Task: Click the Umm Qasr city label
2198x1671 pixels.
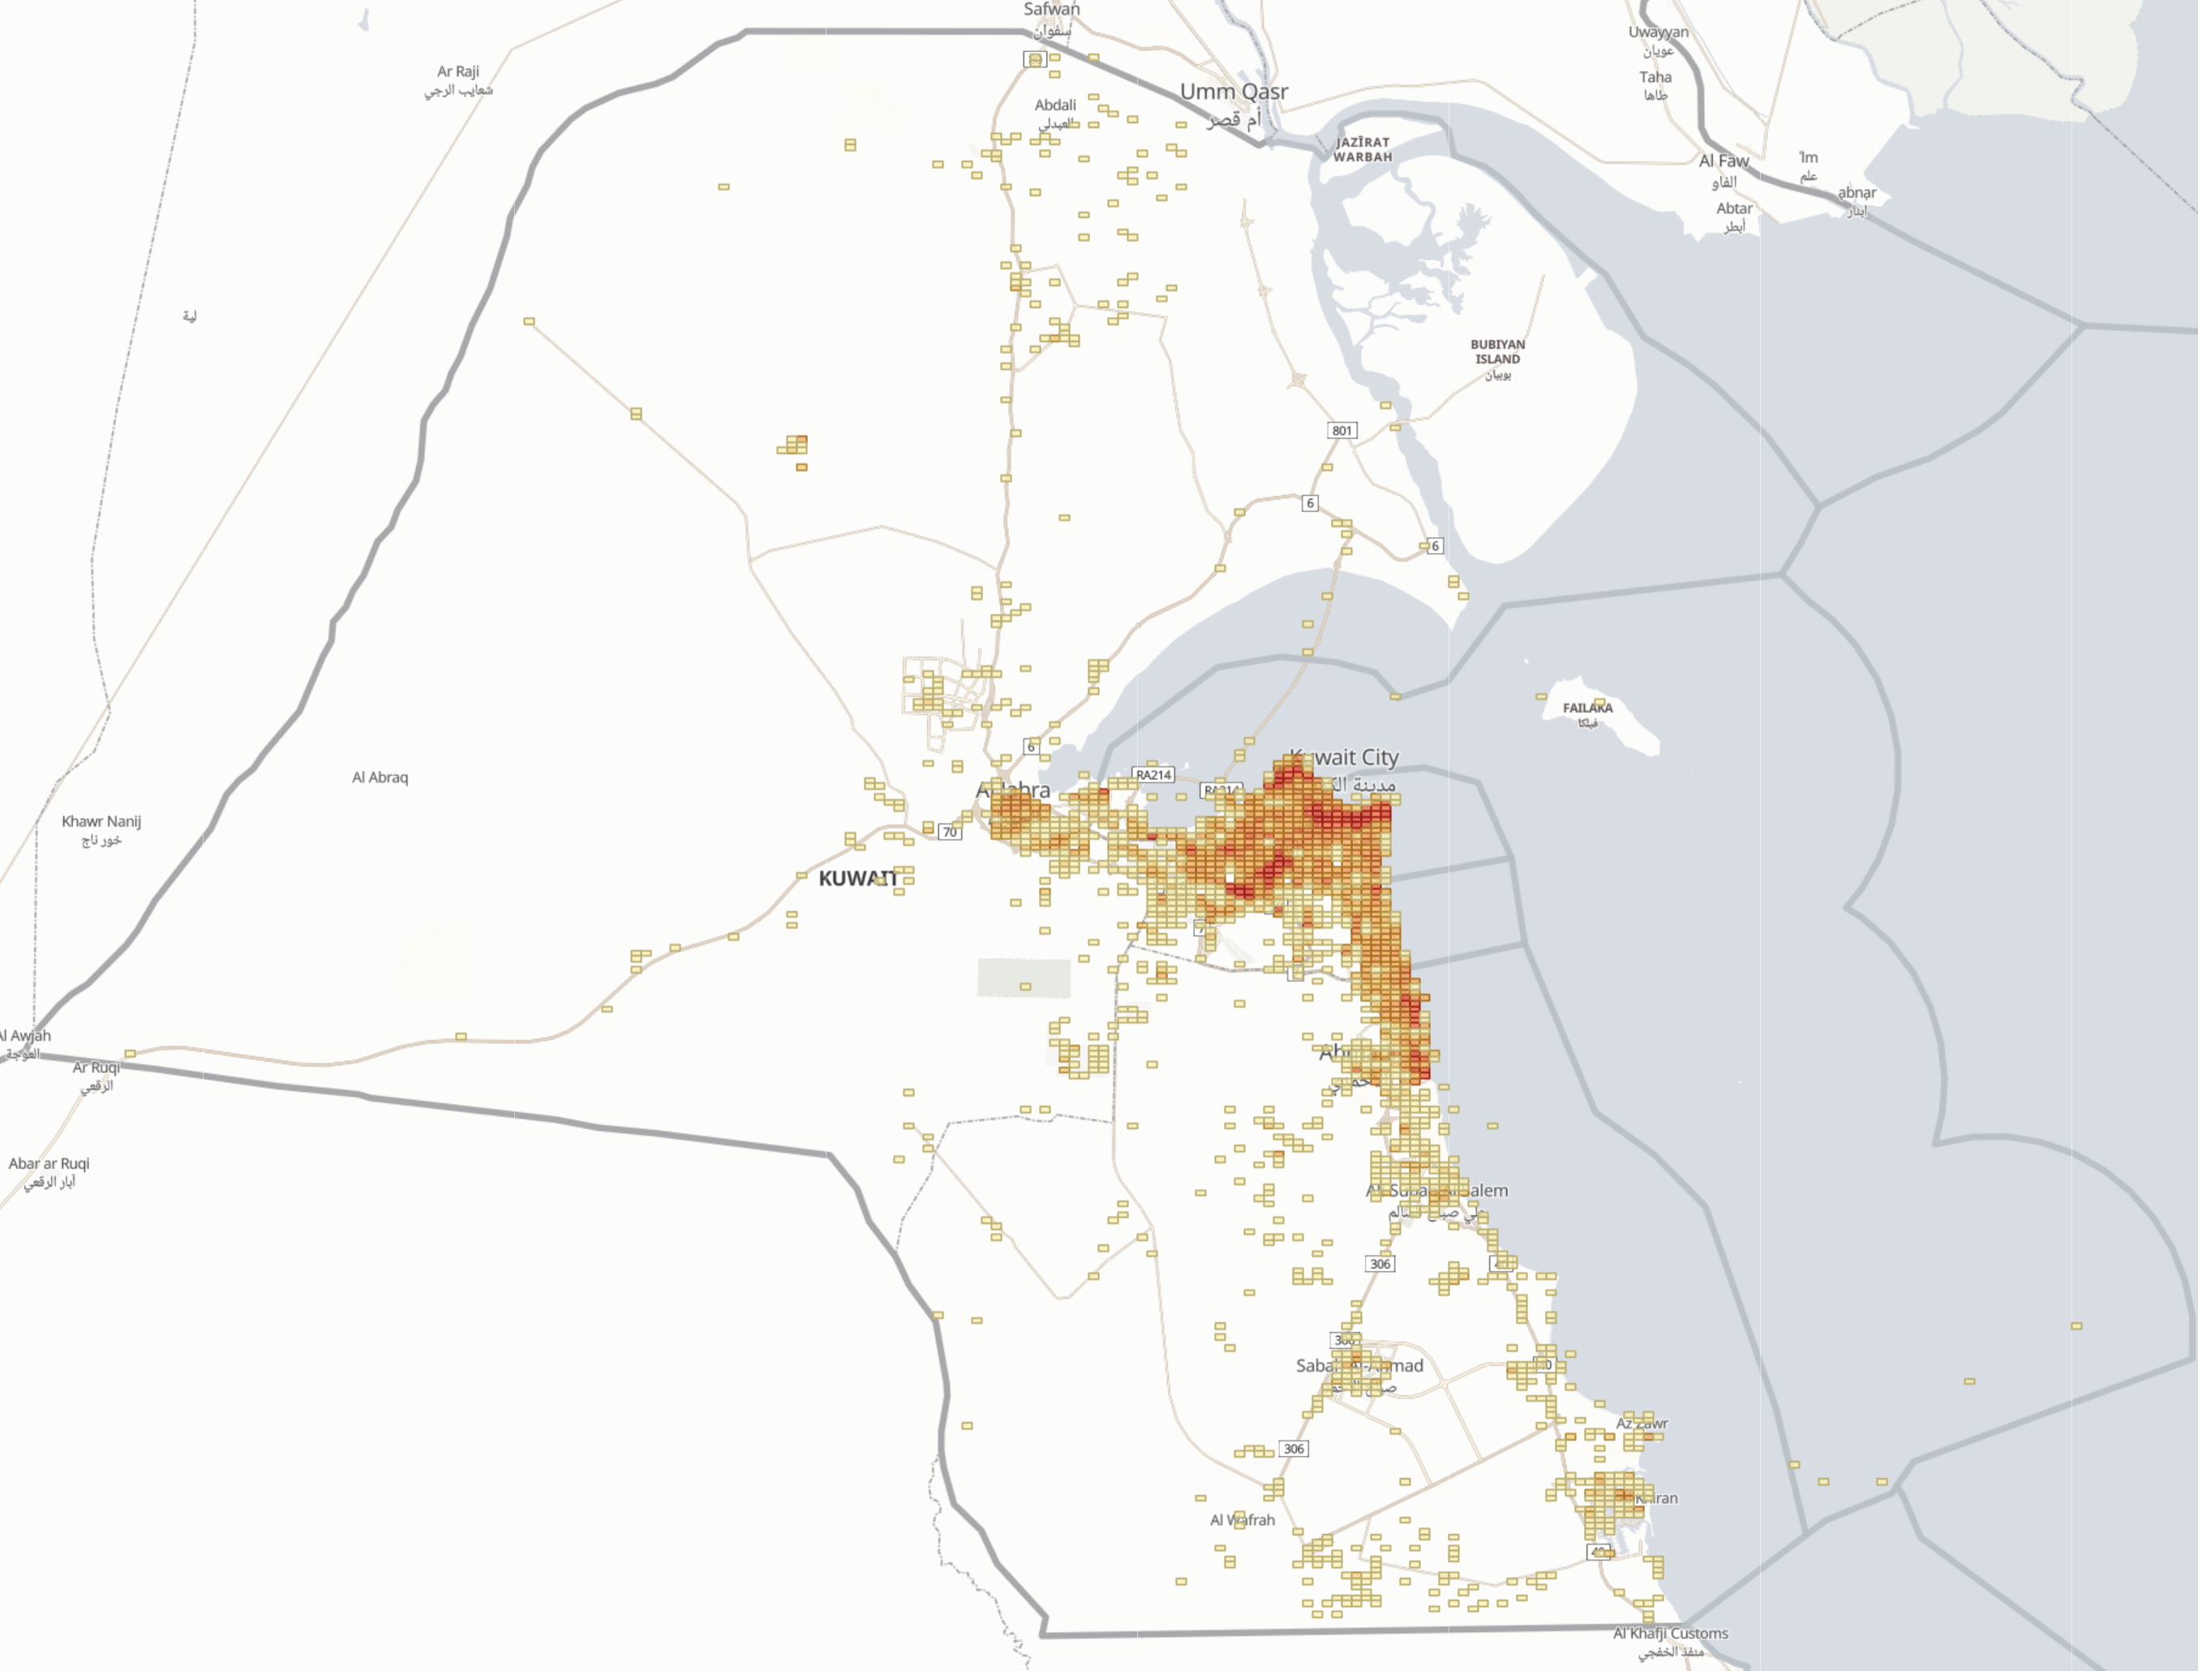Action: coord(1234,92)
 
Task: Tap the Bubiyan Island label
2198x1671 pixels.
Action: coord(1496,352)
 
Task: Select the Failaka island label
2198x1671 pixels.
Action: coord(1587,708)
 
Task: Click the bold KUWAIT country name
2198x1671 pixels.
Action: coord(856,878)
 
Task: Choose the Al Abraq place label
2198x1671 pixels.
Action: coord(380,778)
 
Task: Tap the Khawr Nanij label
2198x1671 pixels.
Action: coord(101,822)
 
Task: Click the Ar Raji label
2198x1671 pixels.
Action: coord(458,71)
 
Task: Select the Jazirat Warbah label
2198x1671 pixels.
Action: coord(1363,149)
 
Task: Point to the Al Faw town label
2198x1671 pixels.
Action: coord(1724,161)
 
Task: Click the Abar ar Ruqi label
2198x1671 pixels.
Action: coord(49,1164)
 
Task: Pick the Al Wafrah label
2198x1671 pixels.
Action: coord(1243,1520)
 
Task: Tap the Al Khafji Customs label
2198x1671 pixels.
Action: coord(1670,1633)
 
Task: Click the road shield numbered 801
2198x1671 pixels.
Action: coord(1342,431)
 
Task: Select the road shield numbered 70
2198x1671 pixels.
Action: coord(950,832)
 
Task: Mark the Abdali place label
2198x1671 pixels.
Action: coord(1055,105)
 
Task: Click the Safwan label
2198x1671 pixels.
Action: coord(1051,9)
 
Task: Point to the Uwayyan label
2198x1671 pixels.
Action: coord(1658,32)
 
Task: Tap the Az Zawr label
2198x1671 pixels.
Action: coord(1642,1424)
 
